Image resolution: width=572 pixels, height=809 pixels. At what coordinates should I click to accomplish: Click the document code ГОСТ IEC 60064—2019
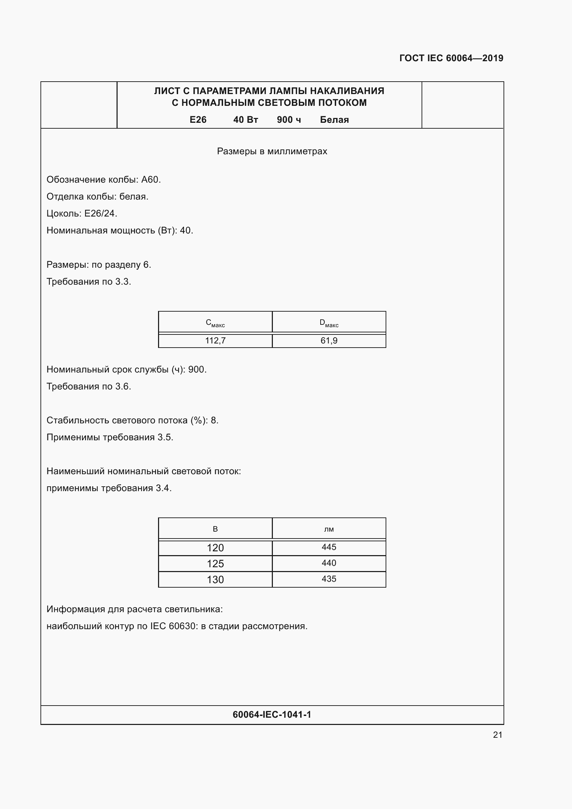point(451,58)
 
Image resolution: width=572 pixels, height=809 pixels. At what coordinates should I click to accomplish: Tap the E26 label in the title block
point(198,120)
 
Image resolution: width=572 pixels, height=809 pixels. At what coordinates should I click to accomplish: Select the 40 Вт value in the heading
point(246,120)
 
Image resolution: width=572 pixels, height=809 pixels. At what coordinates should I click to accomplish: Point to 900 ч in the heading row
point(289,120)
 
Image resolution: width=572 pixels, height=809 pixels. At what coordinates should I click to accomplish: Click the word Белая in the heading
point(334,120)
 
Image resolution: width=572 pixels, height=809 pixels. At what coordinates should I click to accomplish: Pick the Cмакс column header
point(215,323)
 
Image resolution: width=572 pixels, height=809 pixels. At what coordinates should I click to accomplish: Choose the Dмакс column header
point(329,323)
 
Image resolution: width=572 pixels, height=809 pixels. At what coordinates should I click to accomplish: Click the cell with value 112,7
point(215,341)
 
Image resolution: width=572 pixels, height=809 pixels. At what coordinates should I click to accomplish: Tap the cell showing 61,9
point(329,341)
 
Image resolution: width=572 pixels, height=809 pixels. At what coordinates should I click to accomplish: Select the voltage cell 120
point(215,548)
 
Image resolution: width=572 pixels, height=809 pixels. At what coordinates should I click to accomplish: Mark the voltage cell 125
point(215,564)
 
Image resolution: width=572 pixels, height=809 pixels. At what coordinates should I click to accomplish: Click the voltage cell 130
point(215,580)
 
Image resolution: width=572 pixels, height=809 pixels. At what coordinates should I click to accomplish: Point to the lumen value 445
point(329,547)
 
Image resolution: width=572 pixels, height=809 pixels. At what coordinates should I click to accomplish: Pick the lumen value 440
point(329,563)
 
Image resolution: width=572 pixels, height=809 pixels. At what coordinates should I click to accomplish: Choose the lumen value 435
point(329,579)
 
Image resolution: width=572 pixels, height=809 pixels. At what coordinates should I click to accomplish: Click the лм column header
point(329,529)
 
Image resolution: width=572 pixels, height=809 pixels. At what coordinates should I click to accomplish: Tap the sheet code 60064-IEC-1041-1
point(272,715)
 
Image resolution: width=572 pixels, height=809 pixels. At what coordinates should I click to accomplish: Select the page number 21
point(497,735)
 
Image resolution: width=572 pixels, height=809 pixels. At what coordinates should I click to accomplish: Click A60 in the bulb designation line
point(150,180)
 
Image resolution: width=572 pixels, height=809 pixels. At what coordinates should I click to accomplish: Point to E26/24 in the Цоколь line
point(100,213)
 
